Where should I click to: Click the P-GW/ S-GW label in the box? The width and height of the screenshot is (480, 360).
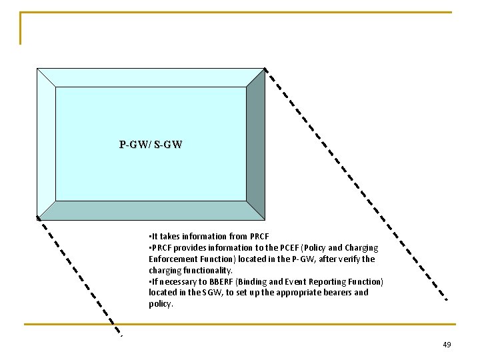[x=151, y=144]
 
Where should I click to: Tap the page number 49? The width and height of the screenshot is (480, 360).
[x=446, y=345]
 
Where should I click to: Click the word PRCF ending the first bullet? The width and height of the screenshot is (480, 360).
[x=259, y=236]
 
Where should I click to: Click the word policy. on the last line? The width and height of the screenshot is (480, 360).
[x=161, y=304]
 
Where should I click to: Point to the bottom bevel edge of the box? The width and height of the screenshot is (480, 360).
[x=151, y=210]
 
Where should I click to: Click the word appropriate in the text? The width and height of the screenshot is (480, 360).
[x=289, y=293]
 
